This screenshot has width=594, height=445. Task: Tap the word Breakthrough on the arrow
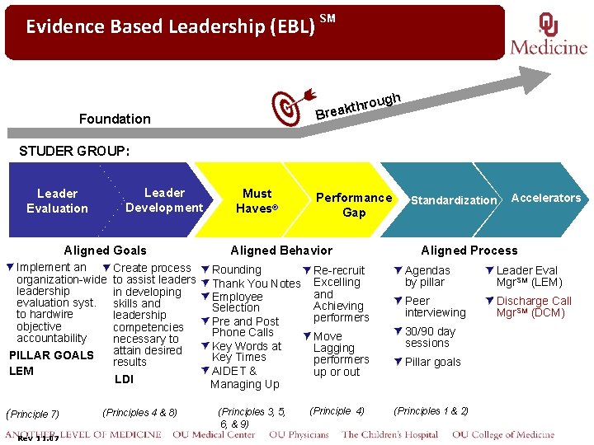pos(358,105)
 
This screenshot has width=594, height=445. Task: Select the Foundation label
pos(115,119)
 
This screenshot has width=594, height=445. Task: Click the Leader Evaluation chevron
pos(57,201)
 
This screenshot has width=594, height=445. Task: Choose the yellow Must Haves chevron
pos(257,200)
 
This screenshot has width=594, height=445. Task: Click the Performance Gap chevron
pos(354,204)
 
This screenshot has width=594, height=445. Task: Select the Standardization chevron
pos(454,200)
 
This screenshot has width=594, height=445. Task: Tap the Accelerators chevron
pos(545,198)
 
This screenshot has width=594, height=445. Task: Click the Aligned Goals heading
pos(106,251)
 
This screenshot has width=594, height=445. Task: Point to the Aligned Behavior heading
pos(281,251)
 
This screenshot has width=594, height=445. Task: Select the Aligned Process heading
pos(469,251)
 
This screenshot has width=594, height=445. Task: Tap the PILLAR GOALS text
pos(51,355)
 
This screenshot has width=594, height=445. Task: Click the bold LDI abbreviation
pos(124,379)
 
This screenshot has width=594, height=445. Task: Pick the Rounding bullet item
pos(236,269)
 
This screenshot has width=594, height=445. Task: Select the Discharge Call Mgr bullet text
pos(533,307)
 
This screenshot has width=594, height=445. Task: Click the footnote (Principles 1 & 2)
pos(431,410)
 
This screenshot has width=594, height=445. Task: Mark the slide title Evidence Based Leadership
pos(171,26)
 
